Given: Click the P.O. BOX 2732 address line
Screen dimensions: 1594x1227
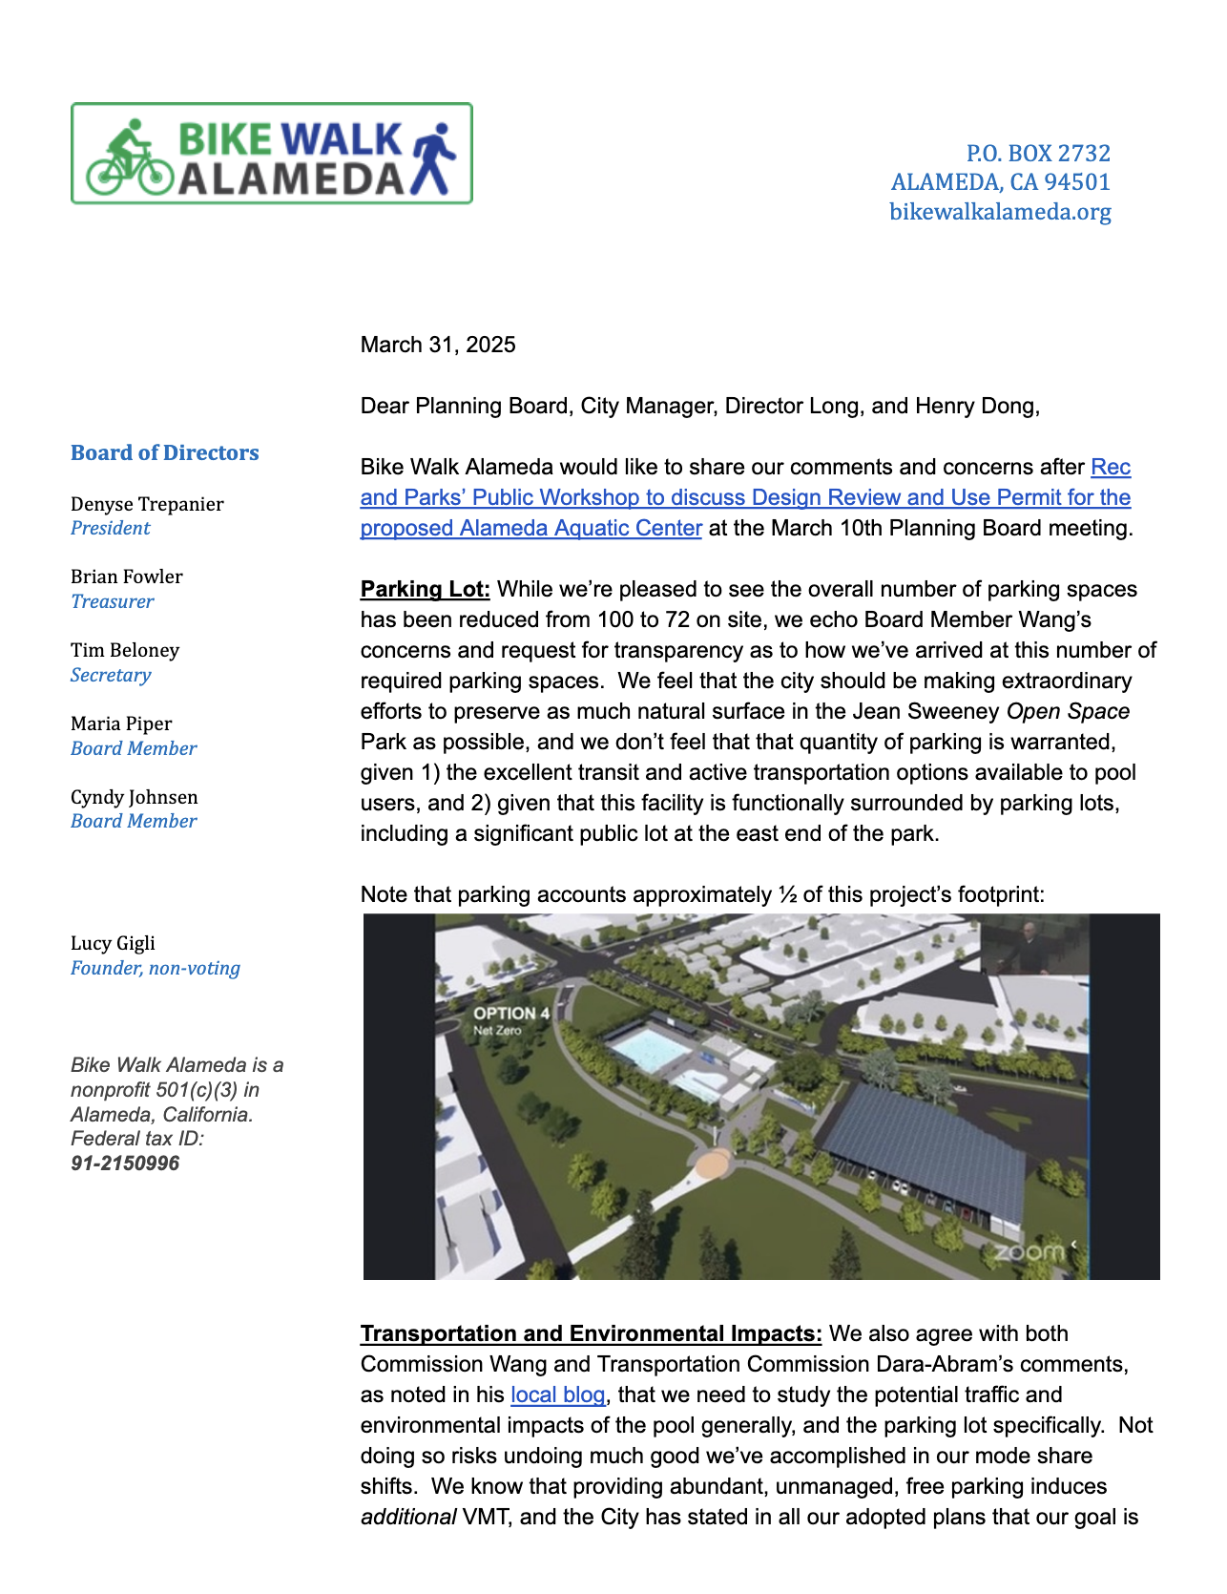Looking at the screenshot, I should (1038, 154).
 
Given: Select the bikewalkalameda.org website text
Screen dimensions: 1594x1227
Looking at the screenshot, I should (1000, 212).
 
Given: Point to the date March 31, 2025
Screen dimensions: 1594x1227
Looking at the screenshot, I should (438, 345).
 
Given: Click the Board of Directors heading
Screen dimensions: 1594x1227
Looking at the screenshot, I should (165, 452).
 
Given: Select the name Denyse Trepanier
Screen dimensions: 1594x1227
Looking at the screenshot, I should (147, 504).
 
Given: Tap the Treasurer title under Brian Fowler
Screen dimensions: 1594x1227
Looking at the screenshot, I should (112, 601).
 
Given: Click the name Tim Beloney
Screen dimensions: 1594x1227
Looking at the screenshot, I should (125, 650).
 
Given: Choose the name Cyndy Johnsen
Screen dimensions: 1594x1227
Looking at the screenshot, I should (135, 797).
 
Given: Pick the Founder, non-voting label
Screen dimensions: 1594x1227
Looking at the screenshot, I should (156, 968).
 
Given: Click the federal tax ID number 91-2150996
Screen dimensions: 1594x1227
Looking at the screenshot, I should (125, 1164).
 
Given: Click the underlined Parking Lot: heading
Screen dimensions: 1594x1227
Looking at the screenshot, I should (426, 589).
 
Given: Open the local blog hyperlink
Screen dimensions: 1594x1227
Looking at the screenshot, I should (558, 1395).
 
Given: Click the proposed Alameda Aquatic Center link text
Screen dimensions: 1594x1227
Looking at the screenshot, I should (530, 528).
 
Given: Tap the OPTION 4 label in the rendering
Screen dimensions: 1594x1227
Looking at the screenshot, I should (511, 1014).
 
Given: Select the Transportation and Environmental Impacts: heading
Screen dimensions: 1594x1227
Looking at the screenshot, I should (591, 1333).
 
